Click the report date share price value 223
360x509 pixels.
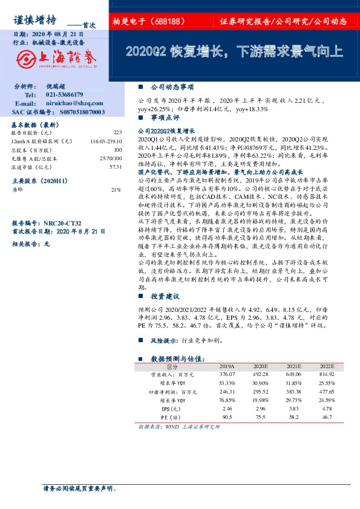tap(117, 132)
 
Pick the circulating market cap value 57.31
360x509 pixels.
tap(116, 166)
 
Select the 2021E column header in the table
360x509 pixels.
tap(294, 366)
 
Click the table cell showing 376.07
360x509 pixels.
tap(227, 375)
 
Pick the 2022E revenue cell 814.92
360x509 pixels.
tap(327, 375)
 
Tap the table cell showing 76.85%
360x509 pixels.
tap(227, 400)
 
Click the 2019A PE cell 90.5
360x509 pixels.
tap(227, 417)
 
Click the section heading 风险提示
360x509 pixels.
tap(165, 341)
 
